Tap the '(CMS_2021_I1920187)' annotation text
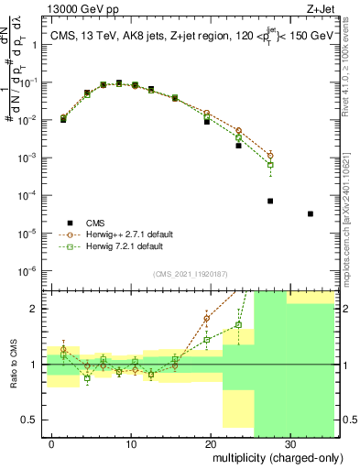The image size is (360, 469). click(189, 274)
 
